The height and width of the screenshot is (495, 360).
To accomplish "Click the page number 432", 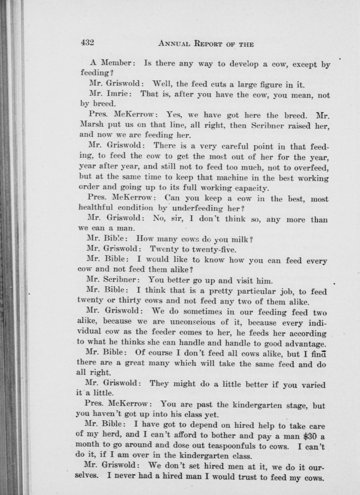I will (87, 43).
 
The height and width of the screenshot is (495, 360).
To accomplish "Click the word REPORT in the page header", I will (209, 44).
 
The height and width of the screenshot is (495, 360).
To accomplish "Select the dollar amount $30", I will (309, 437).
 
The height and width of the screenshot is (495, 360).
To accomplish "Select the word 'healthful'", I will (94, 207).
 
